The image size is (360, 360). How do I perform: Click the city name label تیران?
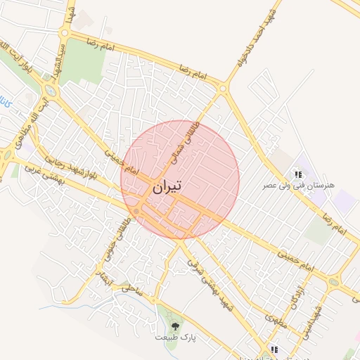[x=166, y=186]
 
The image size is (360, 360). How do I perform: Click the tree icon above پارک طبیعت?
[x=175, y=326]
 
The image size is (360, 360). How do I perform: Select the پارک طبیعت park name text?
[x=175, y=337]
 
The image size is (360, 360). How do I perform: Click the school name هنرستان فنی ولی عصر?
[x=298, y=185]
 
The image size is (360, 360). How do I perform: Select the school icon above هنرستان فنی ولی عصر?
[x=298, y=174]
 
